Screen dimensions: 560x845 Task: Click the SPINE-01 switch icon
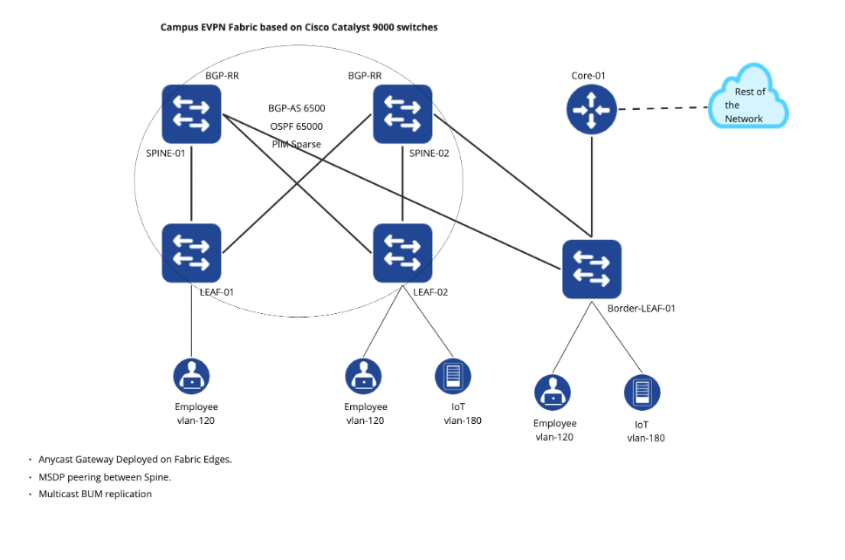point(191,113)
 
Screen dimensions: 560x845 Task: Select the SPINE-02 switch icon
point(402,113)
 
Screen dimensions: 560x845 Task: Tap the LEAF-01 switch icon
point(191,253)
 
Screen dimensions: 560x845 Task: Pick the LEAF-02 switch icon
point(402,253)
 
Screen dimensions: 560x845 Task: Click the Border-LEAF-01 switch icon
point(591,268)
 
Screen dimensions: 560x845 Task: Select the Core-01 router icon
point(592,110)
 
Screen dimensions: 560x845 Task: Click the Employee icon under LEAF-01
point(191,376)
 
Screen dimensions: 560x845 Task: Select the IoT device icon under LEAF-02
point(453,376)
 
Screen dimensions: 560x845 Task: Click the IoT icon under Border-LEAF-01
point(642,393)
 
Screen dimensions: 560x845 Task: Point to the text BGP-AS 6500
point(297,109)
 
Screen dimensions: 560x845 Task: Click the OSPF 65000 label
point(297,126)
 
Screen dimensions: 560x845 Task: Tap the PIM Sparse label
point(297,144)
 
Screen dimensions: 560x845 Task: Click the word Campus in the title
point(178,27)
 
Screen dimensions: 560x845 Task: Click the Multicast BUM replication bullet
point(95,494)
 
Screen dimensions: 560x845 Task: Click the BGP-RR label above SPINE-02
point(365,76)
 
